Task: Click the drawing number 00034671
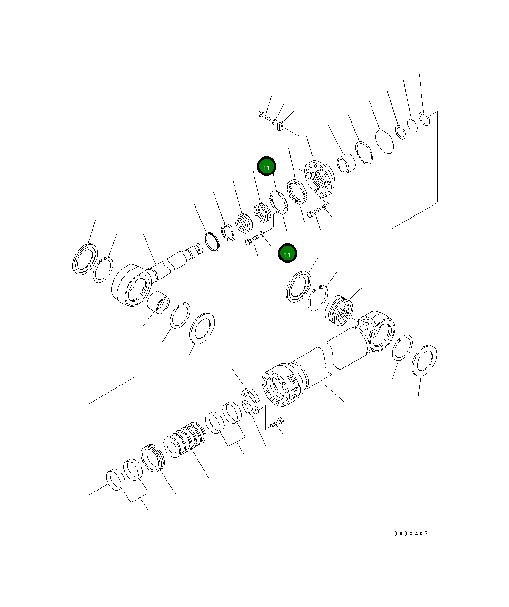(413, 534)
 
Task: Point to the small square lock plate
(281, 125)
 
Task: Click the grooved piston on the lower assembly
(185, 440)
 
